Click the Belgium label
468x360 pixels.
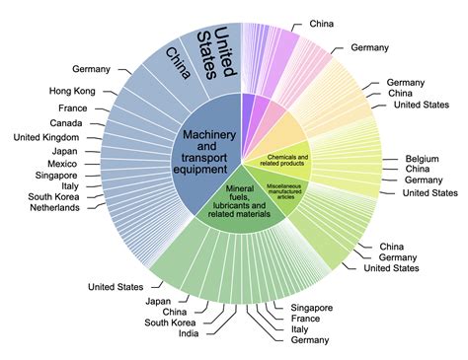pos(424,157)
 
